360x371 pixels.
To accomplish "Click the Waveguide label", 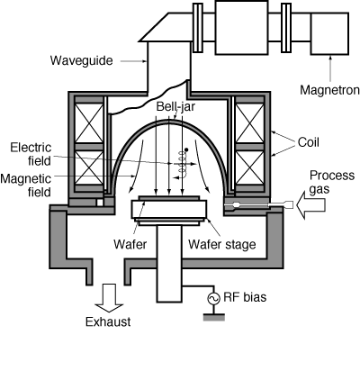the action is pyautogui.click(x=81, y=60).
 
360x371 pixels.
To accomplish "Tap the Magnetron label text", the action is pyautogui.click(x=329, y=90).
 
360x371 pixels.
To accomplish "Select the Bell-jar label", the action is pyautogui.click(x=175, y=106).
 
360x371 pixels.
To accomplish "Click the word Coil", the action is pyautogui.click(x=309, y=142).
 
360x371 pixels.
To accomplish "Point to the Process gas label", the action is pyautogui.click(x=332, y=182).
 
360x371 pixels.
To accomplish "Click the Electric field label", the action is pyautogui.click(x=31, y=154).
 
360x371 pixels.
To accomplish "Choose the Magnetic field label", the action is pyautogui.click(x=26, y=185).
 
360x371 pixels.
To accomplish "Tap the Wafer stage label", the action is pyautogui.click(x=222, y=244).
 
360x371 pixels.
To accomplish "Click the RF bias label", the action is pyautogui.click(x=245, y=297).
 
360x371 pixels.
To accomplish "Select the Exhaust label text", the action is pyautogui.click(x=108, y=321).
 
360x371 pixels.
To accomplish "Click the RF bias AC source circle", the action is pyautogui.click(x=214, y=298).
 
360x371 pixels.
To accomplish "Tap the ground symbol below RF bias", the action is pyautogui.click(x=214, y=317).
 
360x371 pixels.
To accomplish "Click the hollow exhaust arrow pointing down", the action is pyautogui.click(x=109, y=298).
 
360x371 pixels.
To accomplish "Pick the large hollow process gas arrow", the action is pyautogui.click(x=310, y=205).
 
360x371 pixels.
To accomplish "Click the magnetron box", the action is pyautogui.click(x=329, y=33).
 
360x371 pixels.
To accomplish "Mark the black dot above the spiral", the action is pyautogui.click(x=186, y=149).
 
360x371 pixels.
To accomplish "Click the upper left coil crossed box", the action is pyautogui.click(x=88, y=122).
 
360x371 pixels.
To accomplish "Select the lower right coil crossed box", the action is pyautogui.click(x=250, y=167).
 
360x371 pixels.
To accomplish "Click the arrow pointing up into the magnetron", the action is pyautogui.click(x=330, y=68).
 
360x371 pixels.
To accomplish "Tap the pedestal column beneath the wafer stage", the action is pyautogui.click(x=169, y=264).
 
